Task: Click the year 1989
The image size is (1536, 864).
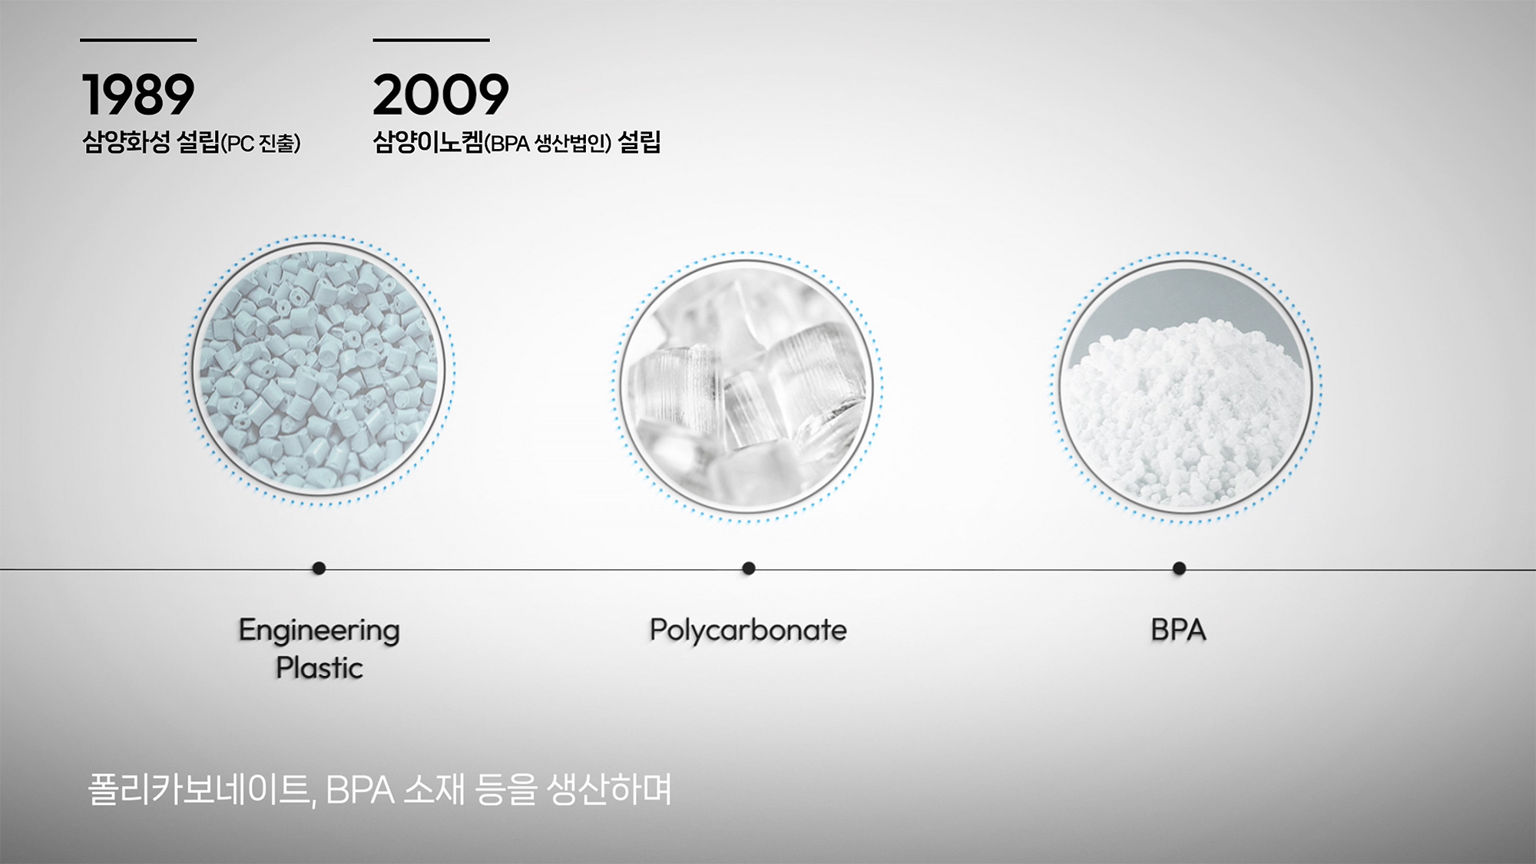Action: click(138, 94)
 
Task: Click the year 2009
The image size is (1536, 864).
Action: click(441, 94)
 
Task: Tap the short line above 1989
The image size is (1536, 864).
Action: click(138, 40)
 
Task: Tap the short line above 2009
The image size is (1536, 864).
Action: click(432, 40)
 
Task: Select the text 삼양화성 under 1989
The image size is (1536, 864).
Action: click(126, 142)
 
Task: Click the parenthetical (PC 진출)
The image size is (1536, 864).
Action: click(261, 144)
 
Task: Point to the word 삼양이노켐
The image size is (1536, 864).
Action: click(429, 142)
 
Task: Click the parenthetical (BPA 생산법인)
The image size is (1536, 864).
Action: click(548, 144)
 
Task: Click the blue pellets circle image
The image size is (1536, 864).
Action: click(319, 369)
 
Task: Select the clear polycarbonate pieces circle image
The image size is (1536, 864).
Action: click(747, 386)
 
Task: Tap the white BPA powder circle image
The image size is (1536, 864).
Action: click(1187, 387)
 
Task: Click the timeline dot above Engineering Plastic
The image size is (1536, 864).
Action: click(319, 568)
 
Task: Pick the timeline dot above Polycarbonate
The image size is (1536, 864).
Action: click(749, 568)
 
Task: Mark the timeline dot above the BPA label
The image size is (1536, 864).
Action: click(1180, 568)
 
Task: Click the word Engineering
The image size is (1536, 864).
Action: click(319, 631)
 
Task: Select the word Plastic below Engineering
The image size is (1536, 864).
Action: click(319, 668)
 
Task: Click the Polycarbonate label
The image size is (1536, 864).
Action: click(748, 631)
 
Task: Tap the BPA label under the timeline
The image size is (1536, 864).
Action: click(1179, 631)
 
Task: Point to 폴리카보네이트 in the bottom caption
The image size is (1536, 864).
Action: click(201, 790)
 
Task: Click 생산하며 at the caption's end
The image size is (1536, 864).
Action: click(610, 790)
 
